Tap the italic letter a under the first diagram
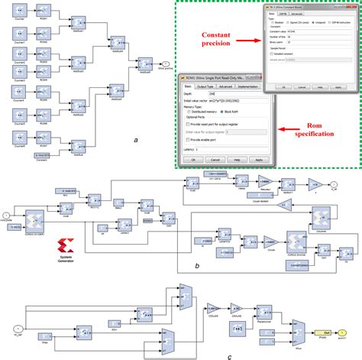(x=134, y=140)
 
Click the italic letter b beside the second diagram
(x=197, y=264)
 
